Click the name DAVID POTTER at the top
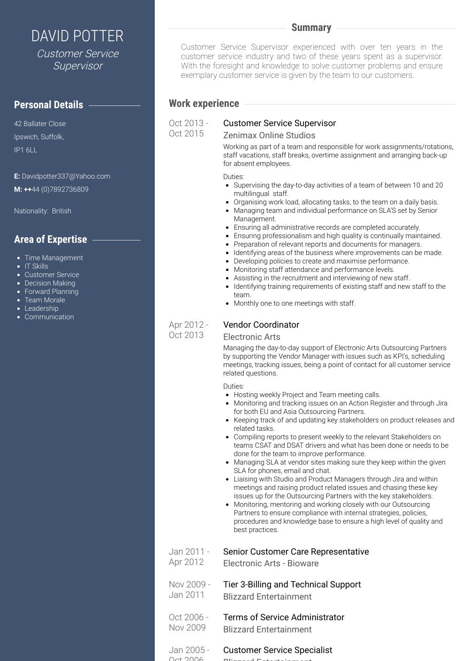tap(77, 36)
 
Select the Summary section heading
tap(311, 28)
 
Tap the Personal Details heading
tap(48, 105)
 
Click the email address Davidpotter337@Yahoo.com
tap(66, 176)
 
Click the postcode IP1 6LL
tap(25, 150)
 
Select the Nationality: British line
tap(43, 211)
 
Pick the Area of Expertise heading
tap(51, 240)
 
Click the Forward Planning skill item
tap(52, 292)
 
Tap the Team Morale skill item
tap(45, 300)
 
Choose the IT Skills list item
tap(36, 266)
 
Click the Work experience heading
tap(204, 104)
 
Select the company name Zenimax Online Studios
tap(269, 135)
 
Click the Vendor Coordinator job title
tap(261, 325)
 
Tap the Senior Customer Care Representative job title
tap(296, 552)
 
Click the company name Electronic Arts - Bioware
tap(271, 563)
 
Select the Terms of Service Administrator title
tap(284, 617)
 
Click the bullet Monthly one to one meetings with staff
tap(295, 303)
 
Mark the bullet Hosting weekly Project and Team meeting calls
tap(307, 395)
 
